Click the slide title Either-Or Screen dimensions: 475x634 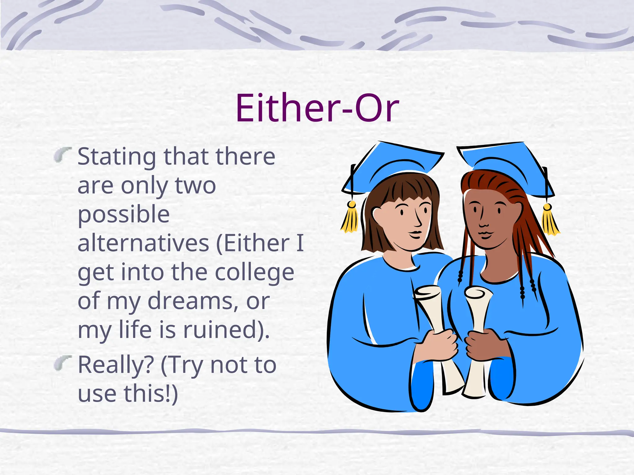(x=317, y=108)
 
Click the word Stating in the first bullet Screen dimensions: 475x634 (x=116, y=157)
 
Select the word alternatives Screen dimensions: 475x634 (x=143, y=244)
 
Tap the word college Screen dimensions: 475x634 (x=254, y=273)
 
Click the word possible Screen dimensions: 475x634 (x=124, y=215)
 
